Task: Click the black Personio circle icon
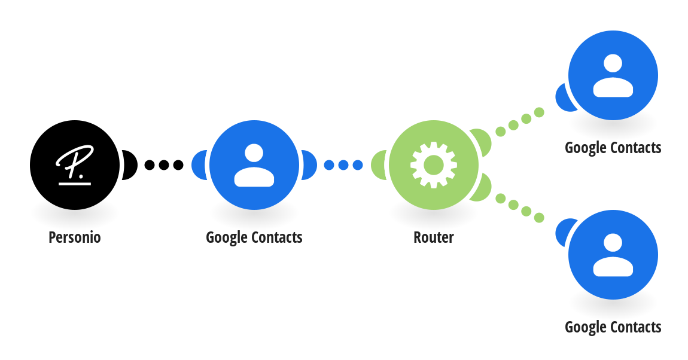[75, 165]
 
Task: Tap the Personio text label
[75, 237]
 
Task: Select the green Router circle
[434, 165]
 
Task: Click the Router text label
[434, 237]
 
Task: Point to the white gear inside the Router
[434, 165]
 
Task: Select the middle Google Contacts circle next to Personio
[254, 165]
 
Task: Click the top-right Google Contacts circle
[613, 75]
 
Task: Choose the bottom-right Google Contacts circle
[613, 255]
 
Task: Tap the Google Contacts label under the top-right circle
[613, 148]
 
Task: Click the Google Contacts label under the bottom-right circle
[613, 327]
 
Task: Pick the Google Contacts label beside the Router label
[254, 237]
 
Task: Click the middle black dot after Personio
[164, 165]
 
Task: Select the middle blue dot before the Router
[343, 165]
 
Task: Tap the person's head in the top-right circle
[613, 63]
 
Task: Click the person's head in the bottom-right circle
[613, 243]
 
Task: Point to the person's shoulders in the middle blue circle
[254, 176]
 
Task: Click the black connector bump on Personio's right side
[130, 165]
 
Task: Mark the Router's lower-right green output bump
[482, 188]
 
